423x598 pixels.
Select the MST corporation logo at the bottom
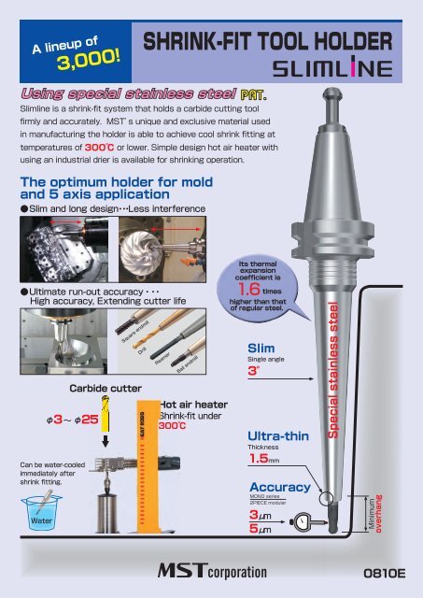[x=211, y=571]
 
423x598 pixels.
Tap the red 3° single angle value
[x=253, y=370]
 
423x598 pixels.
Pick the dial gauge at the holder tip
[x=304, y=521]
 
